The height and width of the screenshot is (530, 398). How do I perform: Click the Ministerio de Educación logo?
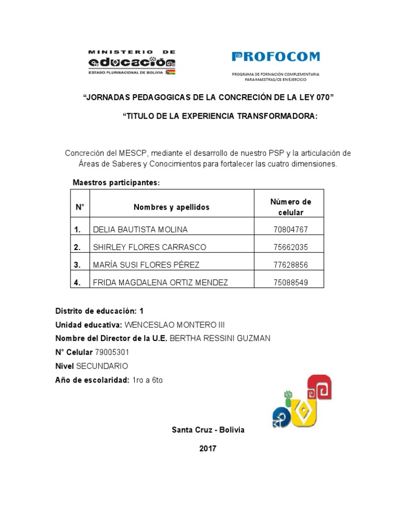(132, 63)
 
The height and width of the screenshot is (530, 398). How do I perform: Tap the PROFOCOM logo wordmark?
(276, 57)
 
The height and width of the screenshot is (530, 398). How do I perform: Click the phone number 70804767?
(290, 229)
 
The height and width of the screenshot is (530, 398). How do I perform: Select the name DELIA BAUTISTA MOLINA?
(140, 229)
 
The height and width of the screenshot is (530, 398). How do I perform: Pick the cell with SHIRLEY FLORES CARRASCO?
(149, 247)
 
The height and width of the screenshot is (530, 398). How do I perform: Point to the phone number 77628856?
(290, 265)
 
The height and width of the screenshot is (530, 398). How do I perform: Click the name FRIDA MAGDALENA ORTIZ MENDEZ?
(160, 283)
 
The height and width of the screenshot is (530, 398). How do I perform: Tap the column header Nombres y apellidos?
(172, 207)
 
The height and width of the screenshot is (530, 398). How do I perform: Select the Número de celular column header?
(290, 207)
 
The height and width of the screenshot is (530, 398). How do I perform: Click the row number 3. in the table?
(78, 265)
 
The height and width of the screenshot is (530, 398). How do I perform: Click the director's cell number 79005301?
(112, 352)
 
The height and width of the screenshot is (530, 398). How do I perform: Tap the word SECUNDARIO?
(102, 366)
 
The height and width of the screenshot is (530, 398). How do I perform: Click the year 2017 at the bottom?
(208, 449)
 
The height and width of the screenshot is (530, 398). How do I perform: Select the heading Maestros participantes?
(117, 183)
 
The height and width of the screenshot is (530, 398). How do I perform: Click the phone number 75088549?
(290, 283)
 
